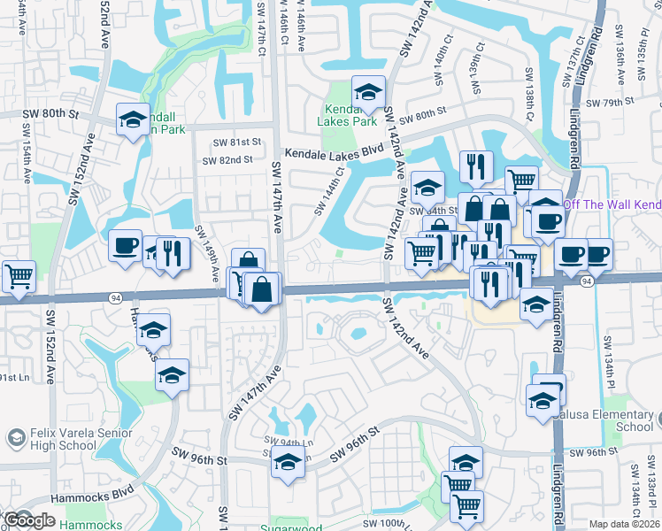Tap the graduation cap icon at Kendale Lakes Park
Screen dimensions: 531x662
(x=368, y=92)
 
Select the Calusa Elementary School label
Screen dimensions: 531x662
(x=614, y=421)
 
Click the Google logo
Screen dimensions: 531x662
(x=30, y=520)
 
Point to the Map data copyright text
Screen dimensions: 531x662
(x=624, y=524)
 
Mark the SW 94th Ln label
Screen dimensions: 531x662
(x=287, y=442)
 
